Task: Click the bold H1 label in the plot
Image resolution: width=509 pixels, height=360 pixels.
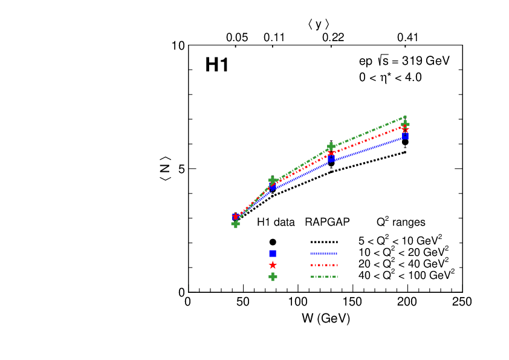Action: [217, 66]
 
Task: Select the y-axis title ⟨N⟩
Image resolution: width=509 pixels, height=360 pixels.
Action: [166, 169]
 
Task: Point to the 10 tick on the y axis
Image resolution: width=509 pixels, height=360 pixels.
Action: [177, 46]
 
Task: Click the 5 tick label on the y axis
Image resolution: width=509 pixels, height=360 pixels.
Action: [181, 169]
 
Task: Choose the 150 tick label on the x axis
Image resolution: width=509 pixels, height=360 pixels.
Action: [352, 302]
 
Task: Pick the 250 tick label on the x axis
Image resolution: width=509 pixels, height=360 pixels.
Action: [462, 302]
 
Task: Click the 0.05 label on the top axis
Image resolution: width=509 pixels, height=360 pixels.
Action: [237, 38]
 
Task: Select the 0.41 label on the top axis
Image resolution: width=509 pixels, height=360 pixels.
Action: [408, 38]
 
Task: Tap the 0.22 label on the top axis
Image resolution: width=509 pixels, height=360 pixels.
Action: [332, 38]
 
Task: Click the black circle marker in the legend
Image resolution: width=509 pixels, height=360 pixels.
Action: [273, 241]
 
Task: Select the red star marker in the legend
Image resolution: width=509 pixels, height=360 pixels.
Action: [273, 265]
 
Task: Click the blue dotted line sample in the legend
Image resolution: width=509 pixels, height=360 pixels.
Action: [324, 253]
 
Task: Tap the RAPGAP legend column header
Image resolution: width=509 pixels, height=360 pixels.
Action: [328, 222]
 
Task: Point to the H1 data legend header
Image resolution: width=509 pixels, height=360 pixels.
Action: [276, 222]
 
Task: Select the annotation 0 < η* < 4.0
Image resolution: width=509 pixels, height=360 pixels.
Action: [390, 77]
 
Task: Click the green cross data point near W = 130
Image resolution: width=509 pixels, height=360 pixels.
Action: [331, 147]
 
